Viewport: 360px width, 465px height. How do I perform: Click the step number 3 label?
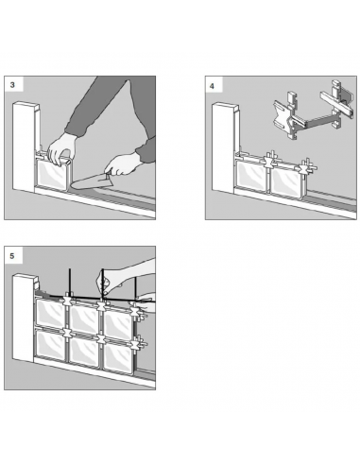pyautogui.click(x=12, y=85)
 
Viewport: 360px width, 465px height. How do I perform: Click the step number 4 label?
pyautogui.click(x=212, y=86)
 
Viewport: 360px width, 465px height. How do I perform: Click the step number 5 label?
pyautogui.click(x=12, y=255)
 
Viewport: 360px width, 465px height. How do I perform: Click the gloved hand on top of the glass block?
pyautogui.click(x=62, y=148)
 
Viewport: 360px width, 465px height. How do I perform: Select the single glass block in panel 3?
pyautogui.click(x=52, y=175)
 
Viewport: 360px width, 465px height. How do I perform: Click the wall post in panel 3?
pyautogui.click(x=25, y=146)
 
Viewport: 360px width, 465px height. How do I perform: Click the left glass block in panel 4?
pyautogui.click(x=251, y=175)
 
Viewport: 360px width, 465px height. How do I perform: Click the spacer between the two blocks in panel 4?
pyautogui.click(x=269, y=162)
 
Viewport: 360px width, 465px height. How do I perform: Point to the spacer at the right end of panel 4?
pyautogui.click(x=306, y=166)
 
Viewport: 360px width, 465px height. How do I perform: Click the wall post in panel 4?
pyautogui.click(x=224, y=146)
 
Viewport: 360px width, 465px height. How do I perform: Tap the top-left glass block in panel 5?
pyautogui.click(x=50, y=313)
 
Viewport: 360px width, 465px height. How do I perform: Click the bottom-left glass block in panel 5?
pyautogui.click(x=50, y=344)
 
